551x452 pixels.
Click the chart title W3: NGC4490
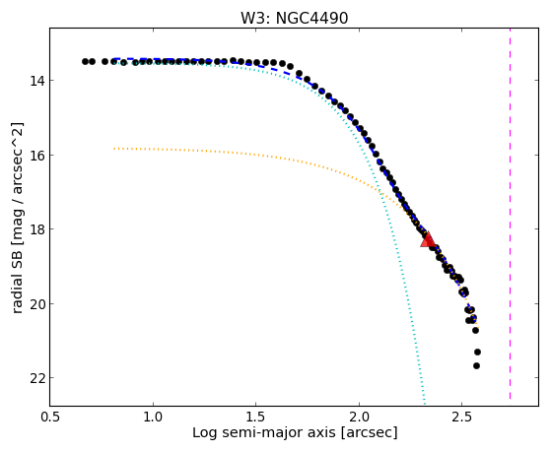pyautogui.click(x=294, y=19)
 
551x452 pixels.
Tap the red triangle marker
pyautogui.click(x=428, y=239)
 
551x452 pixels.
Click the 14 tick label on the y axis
pyautogui.click(x=36, y=81)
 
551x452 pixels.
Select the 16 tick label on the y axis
pyautogui.click(x=36, y=155)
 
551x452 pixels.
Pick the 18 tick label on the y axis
pyautogui.click(x=36, y=229)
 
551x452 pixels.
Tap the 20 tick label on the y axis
pyautogui.click(x=36, y=303)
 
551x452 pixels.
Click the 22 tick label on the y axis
pyautogui.click(x=36, y=378)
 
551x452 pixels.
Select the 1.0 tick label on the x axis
pyautogui.click(x=153, y=417)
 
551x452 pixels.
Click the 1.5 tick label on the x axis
pyautogui.click(x=256, y=417)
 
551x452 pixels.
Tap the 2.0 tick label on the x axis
pyautogui.click(x=359, y=417)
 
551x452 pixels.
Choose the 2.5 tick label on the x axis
pyautogui.click(x=461, y=417)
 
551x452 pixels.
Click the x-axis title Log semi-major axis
pyautogui.click(x=263, y=433)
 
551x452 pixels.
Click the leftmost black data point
pyautogui.click(x=85, y=61)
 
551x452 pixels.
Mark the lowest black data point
pyautogui.click(x=476, y=366)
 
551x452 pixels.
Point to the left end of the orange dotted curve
pyautogui.click(x=114, y=149)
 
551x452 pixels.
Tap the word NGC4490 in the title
pyautogui.click(x=311, y=19)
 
